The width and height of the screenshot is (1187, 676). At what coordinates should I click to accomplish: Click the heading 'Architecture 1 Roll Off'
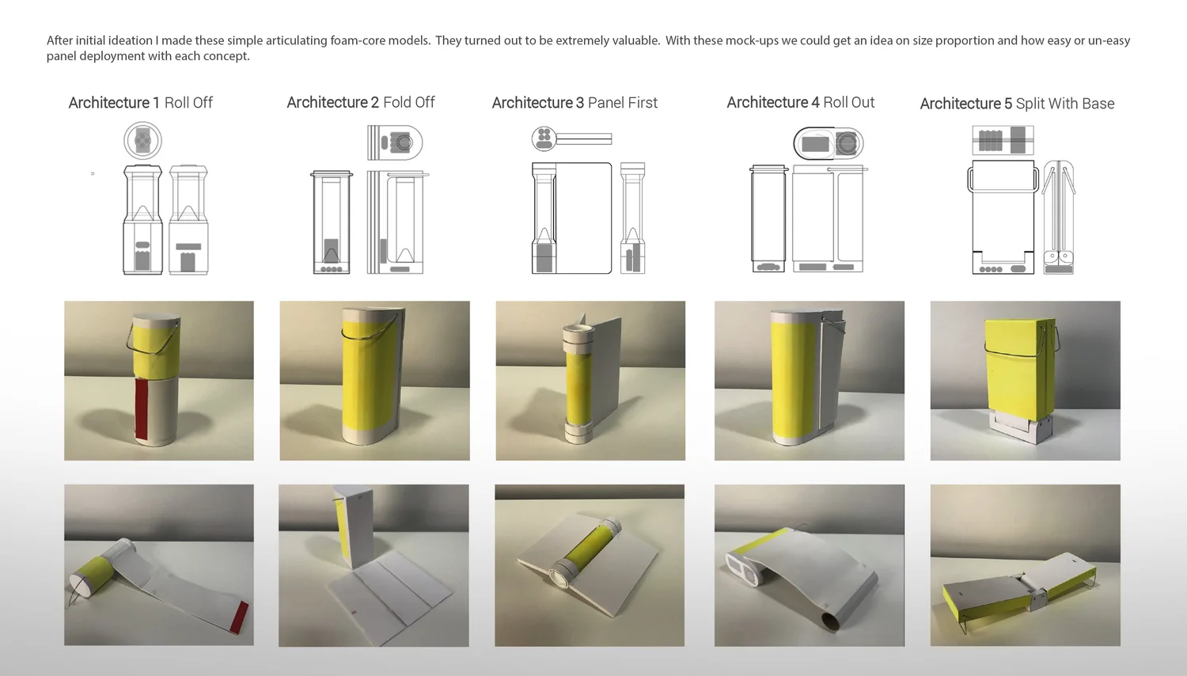140,102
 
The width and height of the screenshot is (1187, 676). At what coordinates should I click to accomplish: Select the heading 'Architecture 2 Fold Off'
360,102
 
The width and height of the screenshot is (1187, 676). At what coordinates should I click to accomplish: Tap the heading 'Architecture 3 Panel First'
575,102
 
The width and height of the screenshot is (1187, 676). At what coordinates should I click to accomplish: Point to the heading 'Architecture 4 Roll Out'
800,102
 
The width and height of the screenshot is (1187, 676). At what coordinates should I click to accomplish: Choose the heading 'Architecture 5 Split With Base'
1017,104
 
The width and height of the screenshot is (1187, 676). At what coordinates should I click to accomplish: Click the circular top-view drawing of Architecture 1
142,140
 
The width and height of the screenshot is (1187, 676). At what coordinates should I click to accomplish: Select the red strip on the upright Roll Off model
142,408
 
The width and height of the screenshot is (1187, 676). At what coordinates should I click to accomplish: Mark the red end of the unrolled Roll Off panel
240,617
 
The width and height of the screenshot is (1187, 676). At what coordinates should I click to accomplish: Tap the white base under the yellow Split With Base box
1018,427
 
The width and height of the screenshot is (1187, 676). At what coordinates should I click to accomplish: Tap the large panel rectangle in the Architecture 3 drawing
583,218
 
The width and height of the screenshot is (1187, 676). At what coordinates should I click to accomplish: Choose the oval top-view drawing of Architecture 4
829,143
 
